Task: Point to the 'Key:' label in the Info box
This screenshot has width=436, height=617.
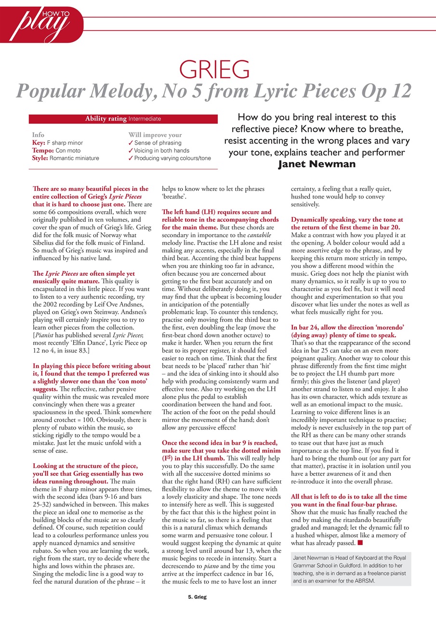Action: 39,143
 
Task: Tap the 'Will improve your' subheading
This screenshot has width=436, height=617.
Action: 155,135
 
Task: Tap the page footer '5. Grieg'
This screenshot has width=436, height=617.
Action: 197,597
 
